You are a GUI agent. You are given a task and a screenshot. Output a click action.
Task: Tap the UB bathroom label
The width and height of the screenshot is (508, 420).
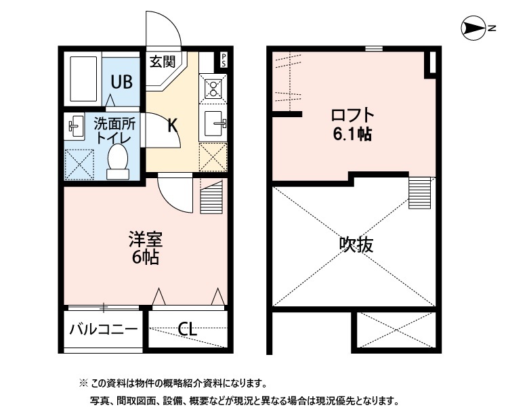coord(122,82)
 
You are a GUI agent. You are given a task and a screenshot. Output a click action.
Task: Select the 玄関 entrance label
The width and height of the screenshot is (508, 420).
coord(163,62)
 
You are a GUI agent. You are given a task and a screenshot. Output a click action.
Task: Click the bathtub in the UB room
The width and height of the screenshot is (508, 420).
coord(83,80)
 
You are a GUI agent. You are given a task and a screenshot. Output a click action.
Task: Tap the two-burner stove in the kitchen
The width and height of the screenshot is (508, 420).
coord(213,88)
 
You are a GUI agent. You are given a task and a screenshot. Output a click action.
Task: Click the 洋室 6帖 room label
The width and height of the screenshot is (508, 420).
coord(146,249)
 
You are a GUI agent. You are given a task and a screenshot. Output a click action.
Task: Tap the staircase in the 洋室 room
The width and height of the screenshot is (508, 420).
coord(211,197)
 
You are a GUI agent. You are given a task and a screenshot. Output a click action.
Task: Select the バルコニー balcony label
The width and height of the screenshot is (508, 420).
coord(104,331)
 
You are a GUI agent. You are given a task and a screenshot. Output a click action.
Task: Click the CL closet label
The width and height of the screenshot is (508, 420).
coord(188,330)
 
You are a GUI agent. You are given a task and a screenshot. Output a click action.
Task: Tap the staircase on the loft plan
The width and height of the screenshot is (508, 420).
coord(421,192)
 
